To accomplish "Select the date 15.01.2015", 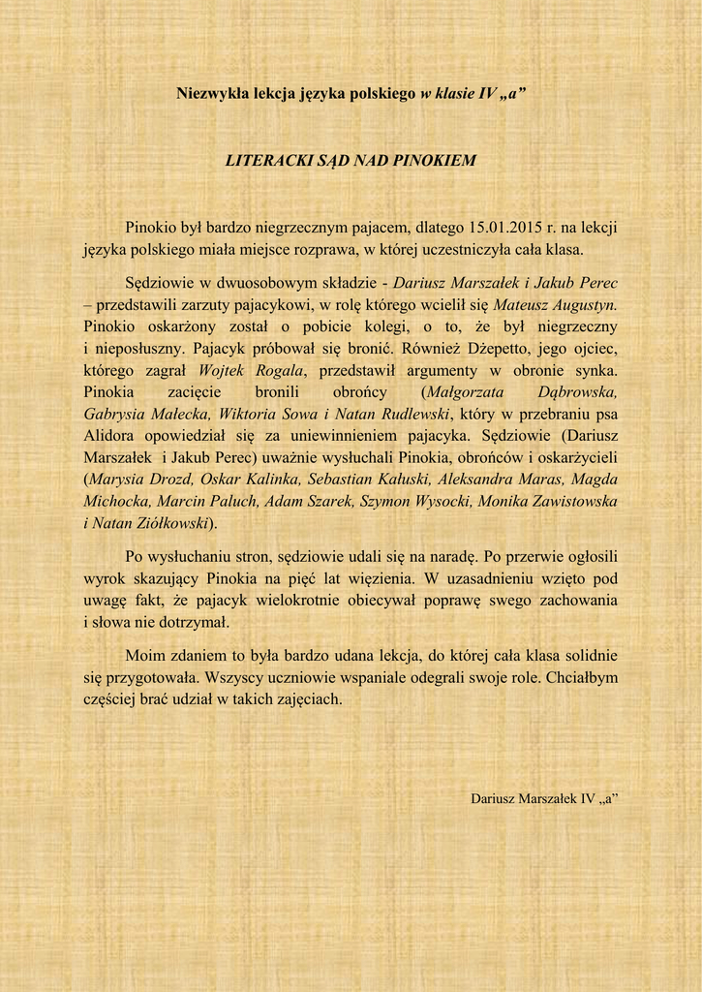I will point(504,229).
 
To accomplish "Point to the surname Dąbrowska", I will point(577,391).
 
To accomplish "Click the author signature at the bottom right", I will point(544,799).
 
